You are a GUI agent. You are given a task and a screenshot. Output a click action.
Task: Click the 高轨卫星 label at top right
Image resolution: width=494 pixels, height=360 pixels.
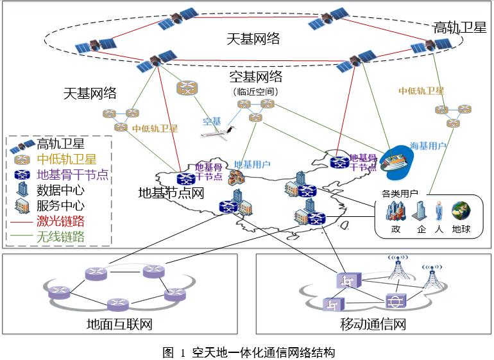[x=459, y=28]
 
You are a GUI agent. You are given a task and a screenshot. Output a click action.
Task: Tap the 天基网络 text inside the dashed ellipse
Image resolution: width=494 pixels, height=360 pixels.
[x=253, y=38]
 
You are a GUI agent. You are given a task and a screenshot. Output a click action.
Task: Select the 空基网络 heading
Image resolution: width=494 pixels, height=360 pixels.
[x=256, y=78]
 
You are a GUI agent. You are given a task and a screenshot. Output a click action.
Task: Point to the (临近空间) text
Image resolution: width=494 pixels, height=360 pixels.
[x=255, y=92]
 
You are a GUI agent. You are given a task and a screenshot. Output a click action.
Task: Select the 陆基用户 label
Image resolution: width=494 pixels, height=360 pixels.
[x=252, y=165]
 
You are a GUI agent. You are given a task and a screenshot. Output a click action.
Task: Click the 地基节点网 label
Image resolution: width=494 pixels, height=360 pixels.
[x=171, y=193]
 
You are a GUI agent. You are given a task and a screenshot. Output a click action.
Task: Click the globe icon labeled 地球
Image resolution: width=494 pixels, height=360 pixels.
[x=461, y=210]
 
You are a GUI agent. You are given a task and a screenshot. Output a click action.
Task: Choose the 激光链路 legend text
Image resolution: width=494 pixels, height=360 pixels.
[x=60, y=222]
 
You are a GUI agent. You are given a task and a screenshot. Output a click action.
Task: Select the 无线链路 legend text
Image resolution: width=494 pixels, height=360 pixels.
[x=60, y=237]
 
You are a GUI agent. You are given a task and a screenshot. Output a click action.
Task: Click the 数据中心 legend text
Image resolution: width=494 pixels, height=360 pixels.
[x=60, y=190]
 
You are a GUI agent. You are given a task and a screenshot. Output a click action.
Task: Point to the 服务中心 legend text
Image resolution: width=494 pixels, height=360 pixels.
[x=60, y=206]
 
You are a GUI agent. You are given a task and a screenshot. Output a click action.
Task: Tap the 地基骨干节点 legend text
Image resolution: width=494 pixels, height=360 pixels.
[x=72, y=175]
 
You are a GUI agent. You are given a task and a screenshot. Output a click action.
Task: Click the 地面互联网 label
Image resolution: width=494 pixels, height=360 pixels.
[x=119, y=325]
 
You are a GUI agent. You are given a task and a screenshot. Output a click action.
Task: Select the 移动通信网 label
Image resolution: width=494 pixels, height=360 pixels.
[x=373, y=325]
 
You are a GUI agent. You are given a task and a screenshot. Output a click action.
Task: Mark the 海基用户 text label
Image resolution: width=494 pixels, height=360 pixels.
[x=428, y=146]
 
